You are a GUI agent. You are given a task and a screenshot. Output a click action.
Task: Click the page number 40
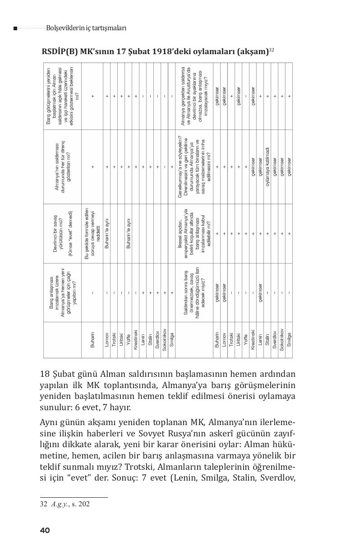(45, 530)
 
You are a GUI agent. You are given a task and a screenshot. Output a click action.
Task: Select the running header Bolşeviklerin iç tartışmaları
(86, 28)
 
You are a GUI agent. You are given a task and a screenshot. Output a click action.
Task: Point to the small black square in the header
(15, 28)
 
